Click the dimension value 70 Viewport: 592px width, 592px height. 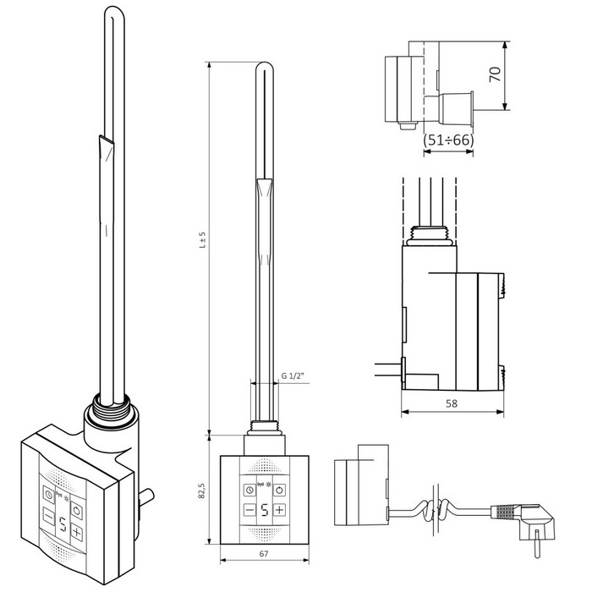tap(495, 74)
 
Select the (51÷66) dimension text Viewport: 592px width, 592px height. tap(448, 140)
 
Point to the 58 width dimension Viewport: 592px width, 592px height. tap(452, 403)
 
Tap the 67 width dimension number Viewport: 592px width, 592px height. tap(264, 554)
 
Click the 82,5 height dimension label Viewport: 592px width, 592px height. tap(201, 490)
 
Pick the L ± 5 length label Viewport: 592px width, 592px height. tap(203, 239)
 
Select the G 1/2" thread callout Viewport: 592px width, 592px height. tap(293, 375)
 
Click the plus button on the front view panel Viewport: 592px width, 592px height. tap(279, 510)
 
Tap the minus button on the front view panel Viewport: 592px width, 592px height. tap(249, 511)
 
